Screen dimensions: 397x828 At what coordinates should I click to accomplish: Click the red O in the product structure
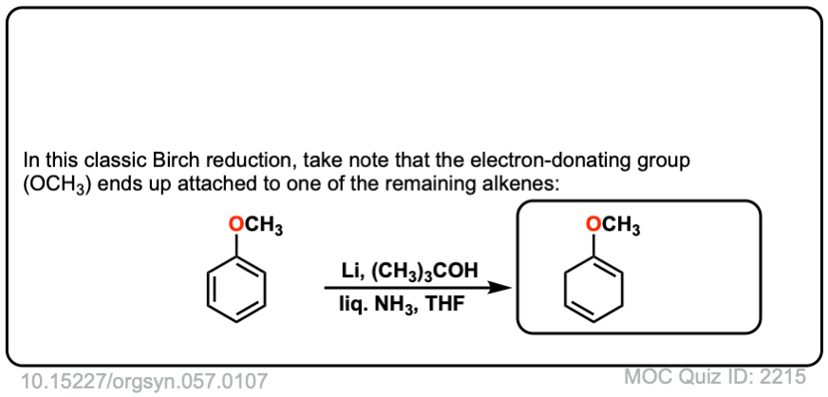(x=593, y=225)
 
